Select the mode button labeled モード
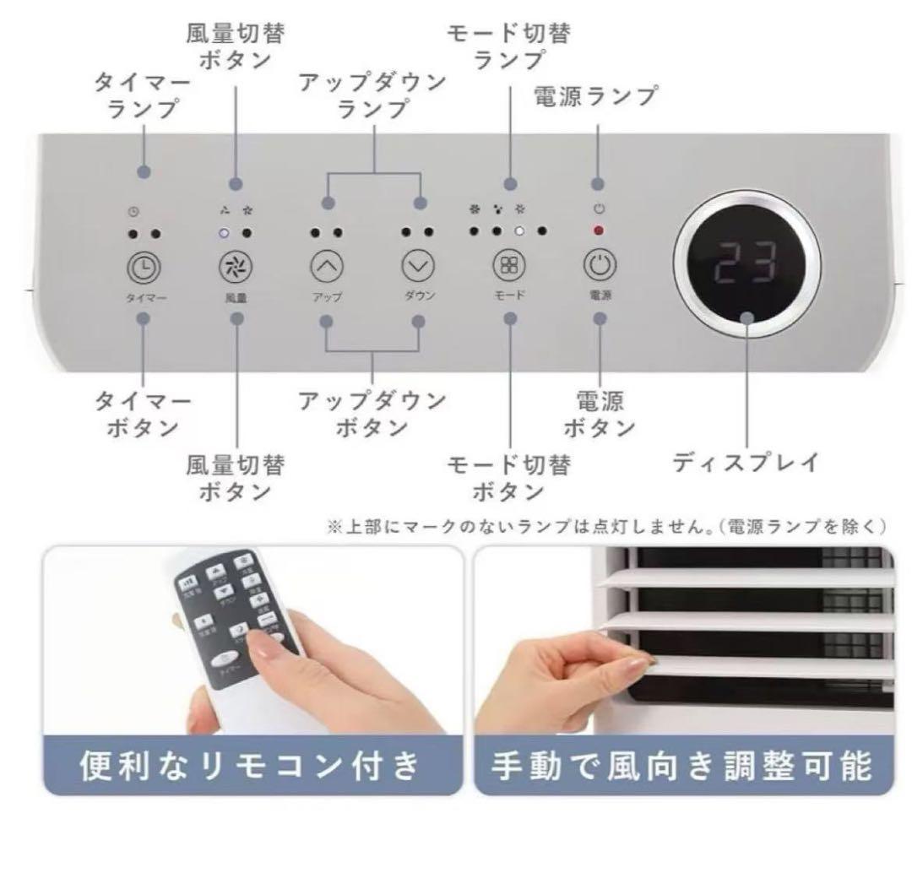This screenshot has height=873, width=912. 509,266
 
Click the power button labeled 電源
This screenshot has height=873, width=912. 599,265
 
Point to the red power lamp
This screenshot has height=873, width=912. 599,230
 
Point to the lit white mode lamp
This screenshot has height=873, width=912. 521,230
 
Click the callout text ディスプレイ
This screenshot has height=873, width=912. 746,462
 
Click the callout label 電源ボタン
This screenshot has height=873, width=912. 600,414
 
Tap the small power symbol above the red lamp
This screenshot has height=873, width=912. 599,209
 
